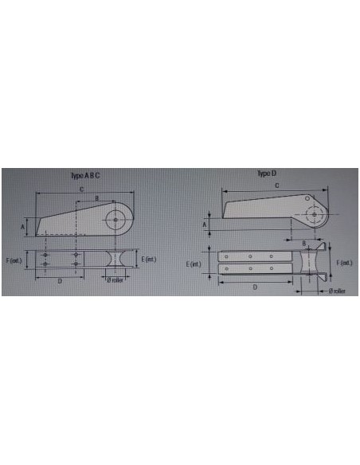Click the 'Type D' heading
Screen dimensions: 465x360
(x=266, y=173)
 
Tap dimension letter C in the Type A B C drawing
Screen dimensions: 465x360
(x=83, y=188)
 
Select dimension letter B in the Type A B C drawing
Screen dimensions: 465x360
(x=97, y=197)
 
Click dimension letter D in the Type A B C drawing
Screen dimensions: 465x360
(x=60, y=281)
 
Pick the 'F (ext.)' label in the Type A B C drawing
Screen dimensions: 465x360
(x=13, y=260)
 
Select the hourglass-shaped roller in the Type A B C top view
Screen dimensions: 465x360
(x=115, y=260)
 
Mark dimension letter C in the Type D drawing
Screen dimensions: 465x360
(x=276, y=186)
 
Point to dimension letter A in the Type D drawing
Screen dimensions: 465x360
(x=205, y=225)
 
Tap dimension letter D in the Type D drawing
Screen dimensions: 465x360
(x=255, y=287)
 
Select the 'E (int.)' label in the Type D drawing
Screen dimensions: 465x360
(x=194, y=263)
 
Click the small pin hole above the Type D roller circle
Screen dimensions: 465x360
(x=307, y=201)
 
